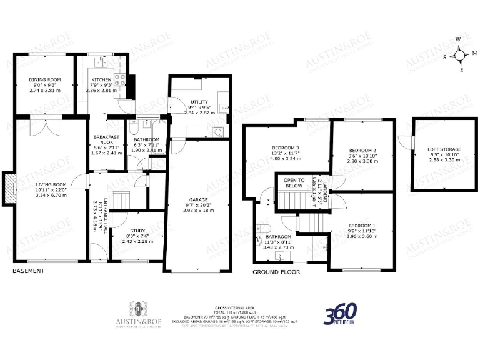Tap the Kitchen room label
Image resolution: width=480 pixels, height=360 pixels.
click(101, 80)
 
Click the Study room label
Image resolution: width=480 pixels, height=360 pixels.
click(137, 231)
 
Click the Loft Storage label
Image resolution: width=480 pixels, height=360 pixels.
click(444, 149)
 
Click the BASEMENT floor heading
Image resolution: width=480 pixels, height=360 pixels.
click(29, 271)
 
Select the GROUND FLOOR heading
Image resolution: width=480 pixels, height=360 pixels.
click(276, 272)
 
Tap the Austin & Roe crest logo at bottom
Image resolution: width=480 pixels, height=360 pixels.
click(138, 308)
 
